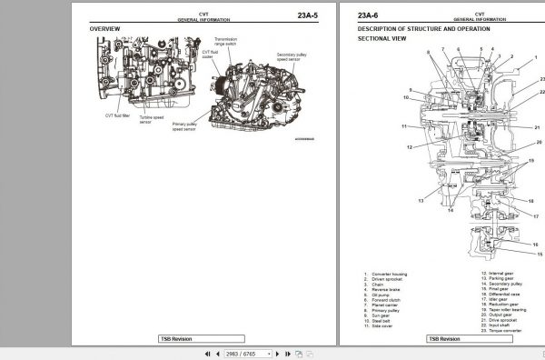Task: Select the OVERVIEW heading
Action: (104, 29)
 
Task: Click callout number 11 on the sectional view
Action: (403, 126)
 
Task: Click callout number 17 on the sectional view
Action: (536, 216)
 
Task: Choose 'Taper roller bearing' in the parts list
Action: (504, 311)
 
